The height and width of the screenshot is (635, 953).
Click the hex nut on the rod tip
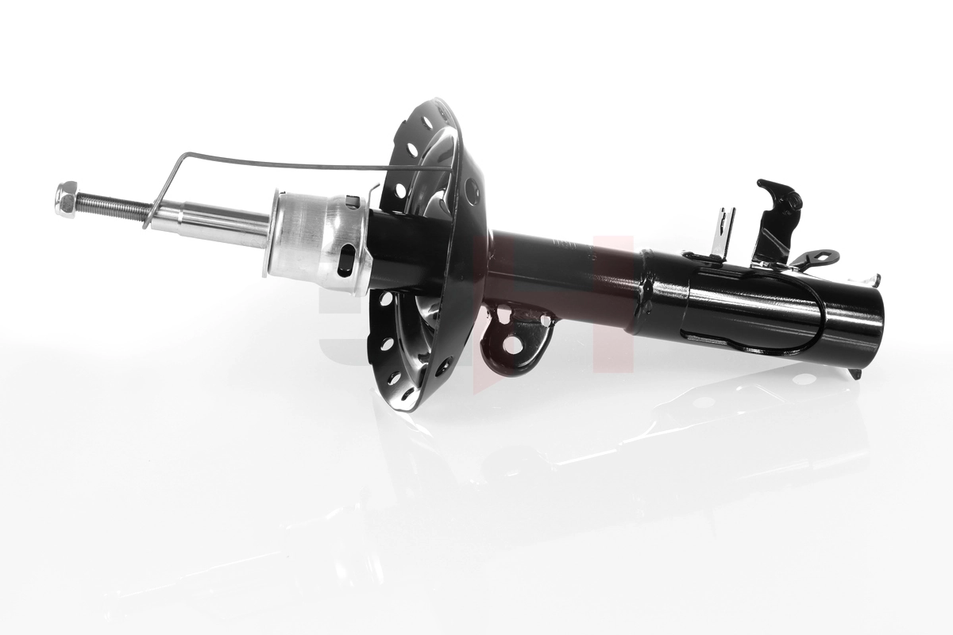[x=66, y=198]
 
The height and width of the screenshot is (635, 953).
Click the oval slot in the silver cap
[x=346, y=260]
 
